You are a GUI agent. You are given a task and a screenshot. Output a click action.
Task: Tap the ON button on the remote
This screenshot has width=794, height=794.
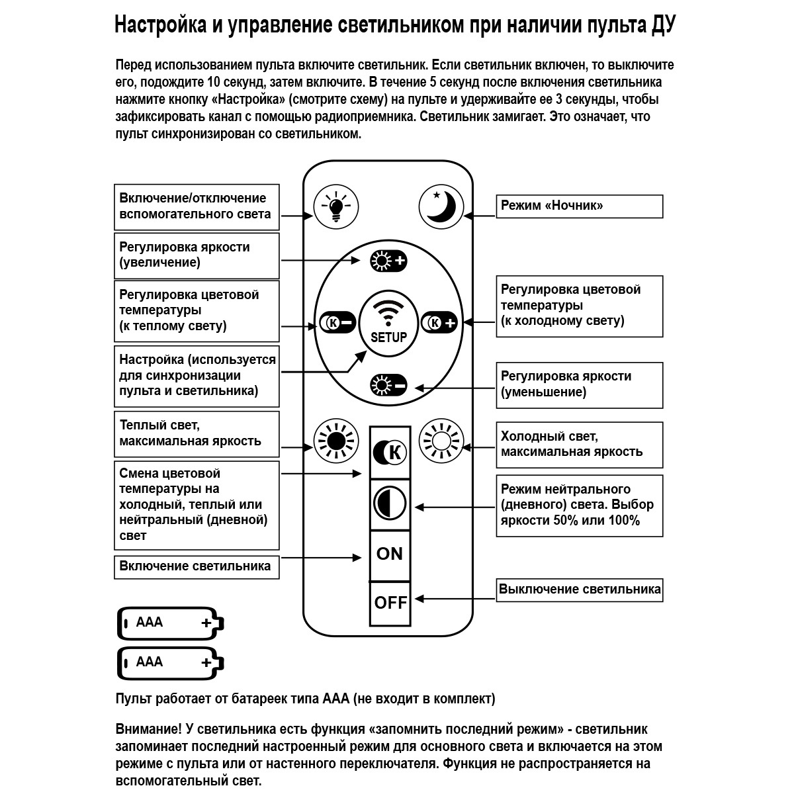[389, 554]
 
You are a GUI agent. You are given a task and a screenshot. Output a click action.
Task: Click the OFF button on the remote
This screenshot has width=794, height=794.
[390, 603]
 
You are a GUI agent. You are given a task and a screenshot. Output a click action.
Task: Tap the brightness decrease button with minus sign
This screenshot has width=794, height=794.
[388, 385]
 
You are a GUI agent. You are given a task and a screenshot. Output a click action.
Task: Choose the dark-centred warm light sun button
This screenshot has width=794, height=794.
[335, 441]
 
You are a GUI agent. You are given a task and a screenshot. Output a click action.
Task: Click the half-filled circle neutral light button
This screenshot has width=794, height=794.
[390, 504]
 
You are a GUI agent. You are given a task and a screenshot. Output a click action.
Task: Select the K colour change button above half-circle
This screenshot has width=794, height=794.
[390, 453]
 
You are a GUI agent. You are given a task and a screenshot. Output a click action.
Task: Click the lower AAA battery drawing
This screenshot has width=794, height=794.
[171, 663]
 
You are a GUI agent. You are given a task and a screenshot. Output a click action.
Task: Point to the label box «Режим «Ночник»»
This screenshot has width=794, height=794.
[579, 206]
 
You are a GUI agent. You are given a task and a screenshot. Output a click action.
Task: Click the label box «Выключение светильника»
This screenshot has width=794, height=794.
[580, 590]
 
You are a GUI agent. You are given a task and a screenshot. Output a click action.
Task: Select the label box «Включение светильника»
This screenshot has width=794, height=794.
[196, 567]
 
